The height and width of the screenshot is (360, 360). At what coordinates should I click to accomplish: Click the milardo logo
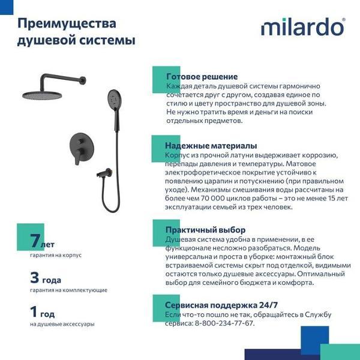tap(302, 28)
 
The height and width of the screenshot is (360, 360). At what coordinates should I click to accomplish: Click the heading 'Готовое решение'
tap(202, 77)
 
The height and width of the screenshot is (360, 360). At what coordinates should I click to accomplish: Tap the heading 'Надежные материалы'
tap(211, 146)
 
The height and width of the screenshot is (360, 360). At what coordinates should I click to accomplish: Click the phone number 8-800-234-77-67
tap(224, 323)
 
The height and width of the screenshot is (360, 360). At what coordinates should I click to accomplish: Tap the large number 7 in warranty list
tap(35, 242)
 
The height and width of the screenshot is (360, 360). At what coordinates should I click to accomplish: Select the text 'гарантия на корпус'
tap(55, 255)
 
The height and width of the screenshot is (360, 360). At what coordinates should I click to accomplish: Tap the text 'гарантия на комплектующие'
tap(68, 290)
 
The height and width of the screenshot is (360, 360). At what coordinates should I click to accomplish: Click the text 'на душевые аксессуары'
tap(62, 324)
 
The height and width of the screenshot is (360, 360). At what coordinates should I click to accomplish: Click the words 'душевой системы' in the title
tap(76, 41)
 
